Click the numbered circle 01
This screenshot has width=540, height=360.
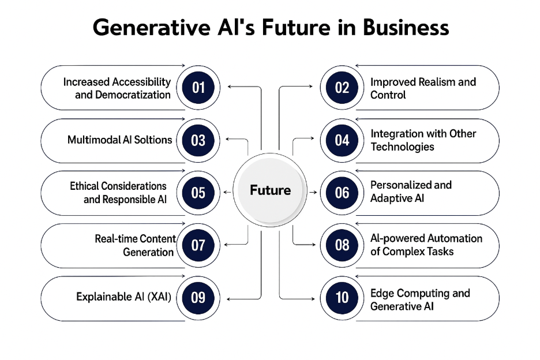click(198, 88)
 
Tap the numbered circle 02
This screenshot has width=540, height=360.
click(342, 88)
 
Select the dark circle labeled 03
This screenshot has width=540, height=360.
click(198, 140)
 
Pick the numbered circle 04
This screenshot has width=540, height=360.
click(342, 140)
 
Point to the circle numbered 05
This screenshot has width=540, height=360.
click(198, 193)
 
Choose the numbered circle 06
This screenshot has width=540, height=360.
click(342, 193)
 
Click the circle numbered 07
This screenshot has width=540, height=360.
click(198, 245)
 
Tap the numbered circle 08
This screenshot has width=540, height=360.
click(342, 245)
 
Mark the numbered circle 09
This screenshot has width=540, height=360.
click(198, 298)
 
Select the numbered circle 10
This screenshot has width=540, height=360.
click(342, 298)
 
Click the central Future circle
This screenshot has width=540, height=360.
click(270, 190)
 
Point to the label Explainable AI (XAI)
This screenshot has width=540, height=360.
click(124, 298)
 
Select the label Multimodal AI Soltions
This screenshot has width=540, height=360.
click(120, 140)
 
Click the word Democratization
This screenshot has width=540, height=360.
click(123, 95)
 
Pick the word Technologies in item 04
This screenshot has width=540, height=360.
click(402, 147)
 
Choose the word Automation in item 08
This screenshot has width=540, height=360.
click(454, 238)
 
